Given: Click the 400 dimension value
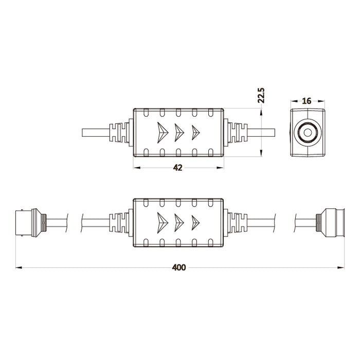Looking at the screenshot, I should [179, 267].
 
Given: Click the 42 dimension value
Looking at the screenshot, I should [178, 168].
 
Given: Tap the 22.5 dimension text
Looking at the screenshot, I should [261, 96].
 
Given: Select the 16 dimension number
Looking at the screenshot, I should [307, 101].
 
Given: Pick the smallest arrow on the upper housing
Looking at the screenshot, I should [195, 133].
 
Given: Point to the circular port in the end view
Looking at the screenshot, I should [308, 132].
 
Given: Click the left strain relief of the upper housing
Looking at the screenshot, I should [121, 133].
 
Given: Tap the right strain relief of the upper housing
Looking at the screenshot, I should [236, 133].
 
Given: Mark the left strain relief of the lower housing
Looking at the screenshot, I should [121, 223].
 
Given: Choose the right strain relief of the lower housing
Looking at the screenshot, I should [236, 223].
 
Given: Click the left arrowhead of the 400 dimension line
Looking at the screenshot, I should [19, 267].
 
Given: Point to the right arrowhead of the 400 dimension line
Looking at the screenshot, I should [340, 267].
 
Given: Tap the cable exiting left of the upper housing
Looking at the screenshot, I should [95, 133].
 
